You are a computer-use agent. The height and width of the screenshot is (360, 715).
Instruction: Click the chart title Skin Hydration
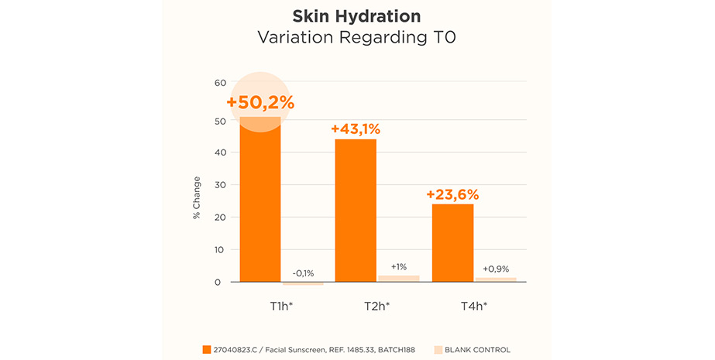[x=357, y=16]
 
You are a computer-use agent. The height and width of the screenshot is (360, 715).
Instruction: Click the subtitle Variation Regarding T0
[x=357, y=36]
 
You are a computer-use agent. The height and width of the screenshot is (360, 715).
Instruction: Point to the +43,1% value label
[x=356, y=129]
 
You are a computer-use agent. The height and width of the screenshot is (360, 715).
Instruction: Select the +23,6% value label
[x=452, y=194]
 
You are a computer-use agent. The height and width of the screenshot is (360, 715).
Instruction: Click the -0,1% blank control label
[x=303, y=273]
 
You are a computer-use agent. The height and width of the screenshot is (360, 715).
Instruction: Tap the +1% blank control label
[x=398, y=266]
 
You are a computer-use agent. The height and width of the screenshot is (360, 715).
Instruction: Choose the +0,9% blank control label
[x=496, y=269]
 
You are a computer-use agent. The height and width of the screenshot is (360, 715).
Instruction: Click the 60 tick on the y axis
[x=220, y=83]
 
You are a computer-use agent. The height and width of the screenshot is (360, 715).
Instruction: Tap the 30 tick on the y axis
[x=220, y=184]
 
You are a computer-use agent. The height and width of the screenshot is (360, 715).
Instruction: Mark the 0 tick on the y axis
[x=223, y=282]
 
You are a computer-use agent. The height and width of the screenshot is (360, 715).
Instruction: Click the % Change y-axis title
[x=197, y=197]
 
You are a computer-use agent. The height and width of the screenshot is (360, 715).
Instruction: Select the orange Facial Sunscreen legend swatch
[x=206, y=350]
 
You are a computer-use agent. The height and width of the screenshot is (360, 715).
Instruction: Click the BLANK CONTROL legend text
[x=477, y=350]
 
